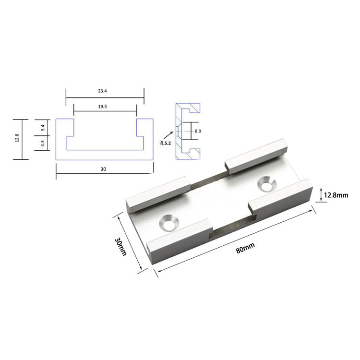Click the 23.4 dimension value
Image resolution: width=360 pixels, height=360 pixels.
pyautogui.click(x=102, y=91)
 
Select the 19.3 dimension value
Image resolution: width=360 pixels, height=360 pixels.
pyautogui.click(x=102, y=107)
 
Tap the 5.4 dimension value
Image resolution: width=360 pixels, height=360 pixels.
pyautogui.click(x=42, y=128)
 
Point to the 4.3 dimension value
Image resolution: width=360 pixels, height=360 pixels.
pyautogui.click(x=42, y=143)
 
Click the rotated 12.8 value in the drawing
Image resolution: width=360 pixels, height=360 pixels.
pyautogui.click(x=17, y=138)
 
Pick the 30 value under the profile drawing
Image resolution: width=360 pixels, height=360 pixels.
pyautogui.click(x=103, y=169)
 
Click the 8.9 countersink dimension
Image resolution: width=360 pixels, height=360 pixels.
pyautogui.click(x=198, y=131)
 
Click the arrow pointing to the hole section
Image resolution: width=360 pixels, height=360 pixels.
pyautogui.click(x=168, y=135)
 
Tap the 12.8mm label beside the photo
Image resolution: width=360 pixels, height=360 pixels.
pyautogui.click(x=336, y=195)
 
